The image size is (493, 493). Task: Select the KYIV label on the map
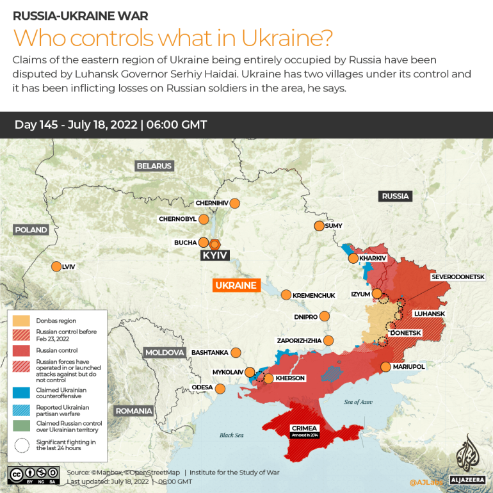[215, 255]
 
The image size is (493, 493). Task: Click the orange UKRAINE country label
[236, 286]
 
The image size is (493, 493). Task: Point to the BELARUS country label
[154, 166]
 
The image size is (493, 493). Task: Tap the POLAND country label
[31, 230]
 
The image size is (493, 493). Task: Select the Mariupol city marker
[385, 367]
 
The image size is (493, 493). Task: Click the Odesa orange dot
[220, 388]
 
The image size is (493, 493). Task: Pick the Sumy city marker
[319, 225]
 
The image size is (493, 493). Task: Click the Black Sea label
[231, 435]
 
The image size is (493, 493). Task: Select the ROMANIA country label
[133, 411]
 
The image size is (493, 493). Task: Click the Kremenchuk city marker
[286, 295]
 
